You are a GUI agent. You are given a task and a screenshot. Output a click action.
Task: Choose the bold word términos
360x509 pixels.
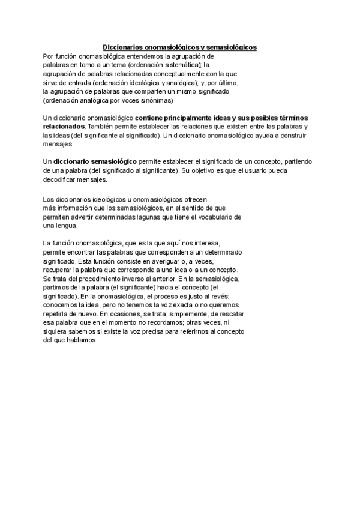tap(292, 118)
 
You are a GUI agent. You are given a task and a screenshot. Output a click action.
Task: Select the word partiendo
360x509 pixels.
tap(295, 162)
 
